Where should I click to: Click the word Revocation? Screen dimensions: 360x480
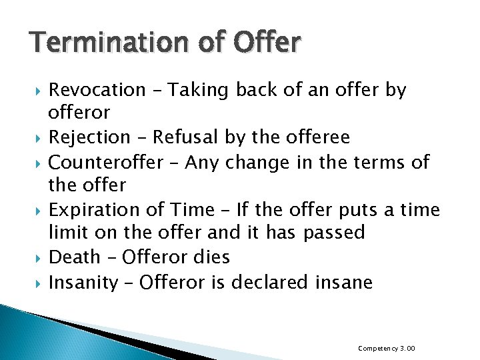pos(97,89)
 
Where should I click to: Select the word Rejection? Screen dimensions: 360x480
pos(90,137)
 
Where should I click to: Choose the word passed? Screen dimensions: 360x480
pos(334,233)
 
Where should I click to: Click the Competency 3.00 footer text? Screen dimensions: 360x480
pos(387,348)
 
